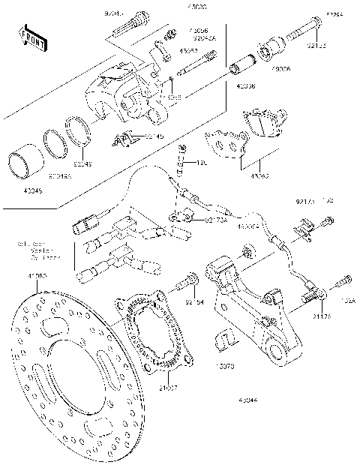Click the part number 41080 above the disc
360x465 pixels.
pyautogui.click(x=37, y=277)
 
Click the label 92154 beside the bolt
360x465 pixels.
pyautogui.click(x=194, y=301)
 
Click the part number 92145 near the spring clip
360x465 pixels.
pyautogui.click(x=154, y=135)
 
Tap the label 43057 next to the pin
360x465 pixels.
pyautogui.click(x=189, y=51)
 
